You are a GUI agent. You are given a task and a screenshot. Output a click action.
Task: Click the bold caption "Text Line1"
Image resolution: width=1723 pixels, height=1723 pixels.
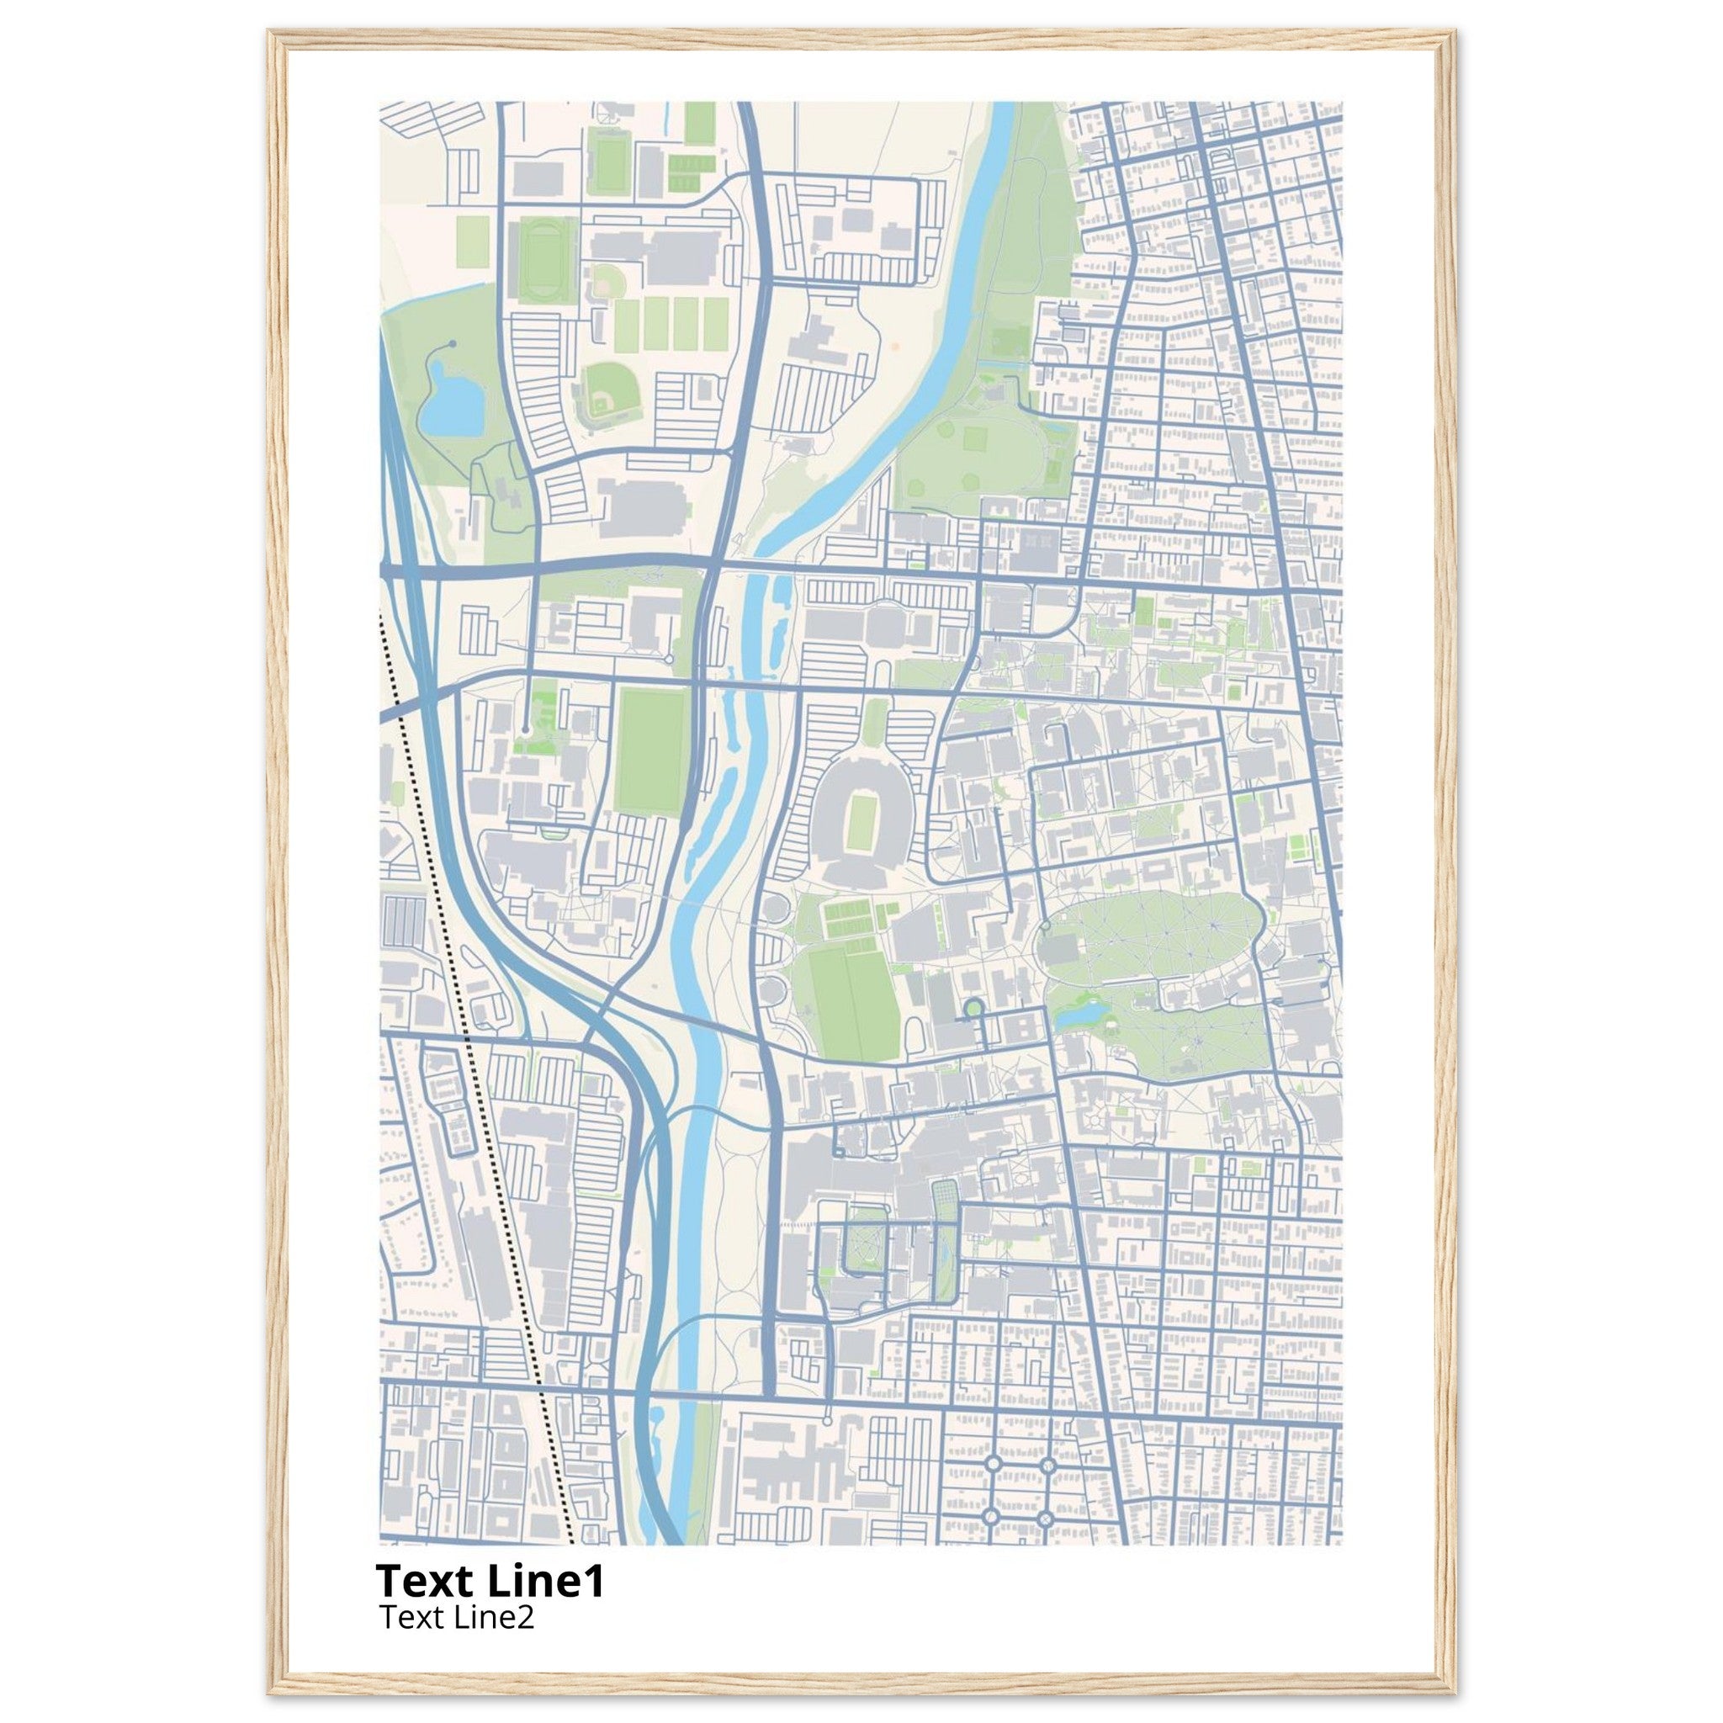[490, 1580]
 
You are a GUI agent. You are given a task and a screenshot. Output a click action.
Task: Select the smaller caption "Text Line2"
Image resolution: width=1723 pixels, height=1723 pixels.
[457, 1616]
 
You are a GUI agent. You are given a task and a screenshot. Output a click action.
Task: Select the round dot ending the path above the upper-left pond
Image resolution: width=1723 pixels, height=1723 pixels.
[453, 343]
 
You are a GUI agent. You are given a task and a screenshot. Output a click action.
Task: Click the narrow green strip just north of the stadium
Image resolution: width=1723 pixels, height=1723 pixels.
[875, 722]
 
